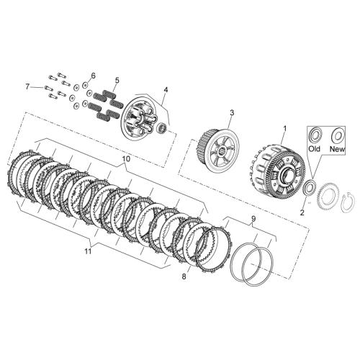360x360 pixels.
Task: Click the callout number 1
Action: point(285,129)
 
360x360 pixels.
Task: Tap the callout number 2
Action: point(302,212)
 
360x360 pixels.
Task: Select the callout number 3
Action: point(232,112)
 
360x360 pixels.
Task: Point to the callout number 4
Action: point(166,89)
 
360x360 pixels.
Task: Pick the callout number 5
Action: point(117,80)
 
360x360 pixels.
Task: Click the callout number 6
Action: point(93,76)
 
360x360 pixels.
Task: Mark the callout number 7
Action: point(28,86)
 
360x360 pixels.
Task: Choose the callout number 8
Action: point(184,276)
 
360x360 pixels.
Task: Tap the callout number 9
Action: point(253,218)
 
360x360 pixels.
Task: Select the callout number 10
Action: point(126,158)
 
